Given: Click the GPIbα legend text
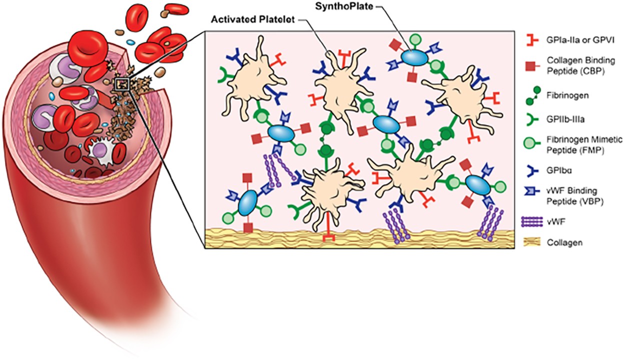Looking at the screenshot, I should tap(556, 169).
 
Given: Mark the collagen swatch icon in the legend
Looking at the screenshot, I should tap(531, 242).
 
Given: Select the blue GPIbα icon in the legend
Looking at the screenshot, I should tap(531, 169).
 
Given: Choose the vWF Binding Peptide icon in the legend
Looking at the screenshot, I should tap(531, 192).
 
